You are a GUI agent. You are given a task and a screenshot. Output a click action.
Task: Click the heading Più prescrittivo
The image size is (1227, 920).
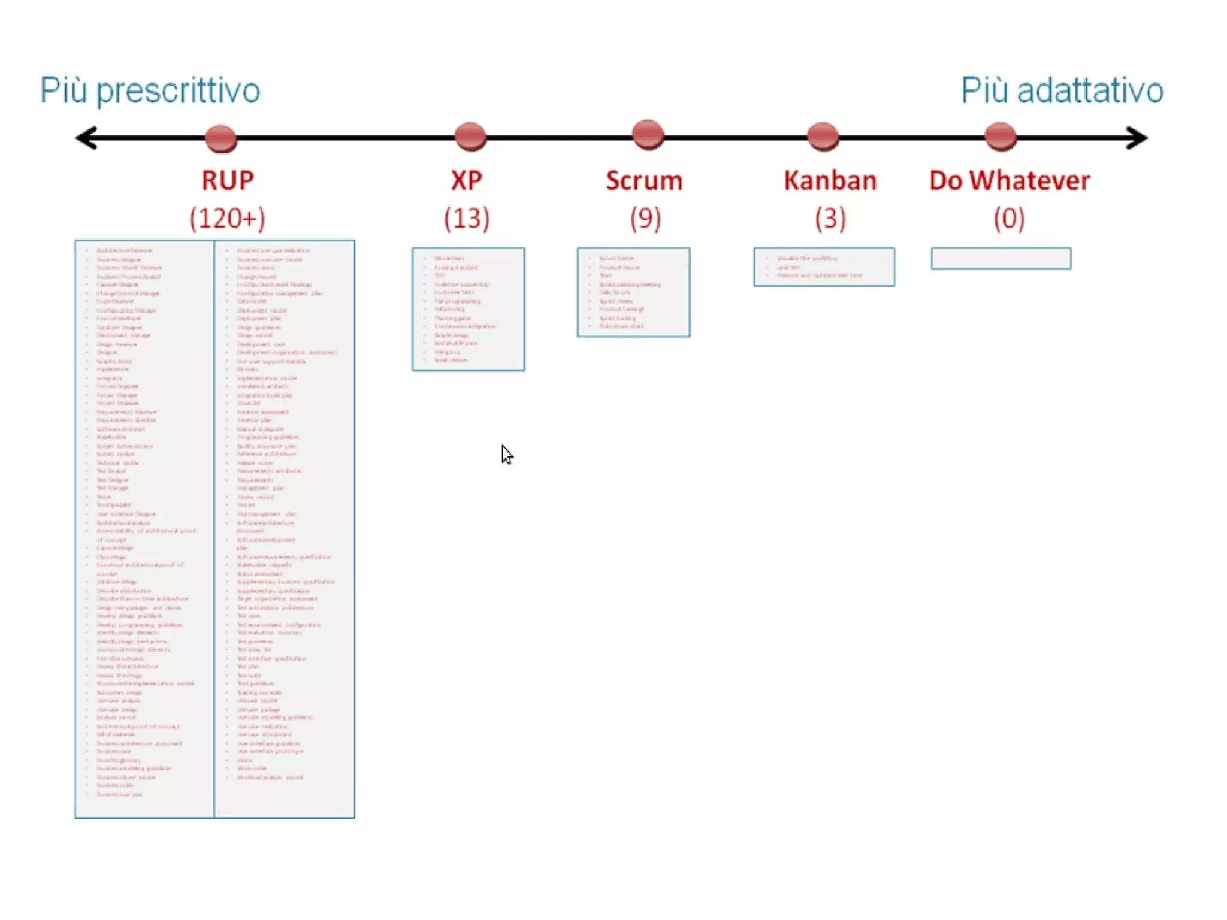point(150,91)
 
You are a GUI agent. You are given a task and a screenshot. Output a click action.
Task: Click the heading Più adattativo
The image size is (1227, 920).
point(1062,91)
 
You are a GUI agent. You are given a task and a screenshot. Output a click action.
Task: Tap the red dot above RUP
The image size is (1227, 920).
point(221,138)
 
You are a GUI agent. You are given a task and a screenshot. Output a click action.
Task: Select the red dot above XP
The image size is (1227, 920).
point(470,136)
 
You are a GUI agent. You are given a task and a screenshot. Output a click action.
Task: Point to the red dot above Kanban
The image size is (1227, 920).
point(823,136)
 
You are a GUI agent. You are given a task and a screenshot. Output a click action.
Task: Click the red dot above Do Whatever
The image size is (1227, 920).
point(1000,136)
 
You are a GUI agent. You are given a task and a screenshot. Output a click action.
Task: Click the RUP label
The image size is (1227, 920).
point(228,180)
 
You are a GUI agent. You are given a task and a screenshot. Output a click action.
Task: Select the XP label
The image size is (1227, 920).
point(467,180)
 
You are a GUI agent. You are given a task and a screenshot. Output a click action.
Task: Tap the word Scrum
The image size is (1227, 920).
point(644,180)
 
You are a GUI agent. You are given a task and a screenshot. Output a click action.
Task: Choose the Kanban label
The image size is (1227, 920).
point(830,180)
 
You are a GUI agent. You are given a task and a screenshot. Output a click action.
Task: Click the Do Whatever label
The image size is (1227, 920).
point(1010,180)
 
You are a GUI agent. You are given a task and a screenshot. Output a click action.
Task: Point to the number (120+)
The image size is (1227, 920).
point(228,218)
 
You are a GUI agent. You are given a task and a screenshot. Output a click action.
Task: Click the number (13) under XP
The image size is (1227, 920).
point(467,218)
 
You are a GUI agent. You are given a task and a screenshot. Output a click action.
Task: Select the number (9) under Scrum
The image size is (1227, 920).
point(645,218)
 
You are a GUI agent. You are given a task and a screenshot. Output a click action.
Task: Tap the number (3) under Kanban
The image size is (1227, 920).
point(830,218)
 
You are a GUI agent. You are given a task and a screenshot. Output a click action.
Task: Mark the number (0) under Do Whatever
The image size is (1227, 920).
point(1010,218)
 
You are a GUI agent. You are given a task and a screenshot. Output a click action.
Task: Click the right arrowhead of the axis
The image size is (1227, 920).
point(1137,138)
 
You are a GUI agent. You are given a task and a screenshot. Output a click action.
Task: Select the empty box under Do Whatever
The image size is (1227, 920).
point(1001,259)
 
